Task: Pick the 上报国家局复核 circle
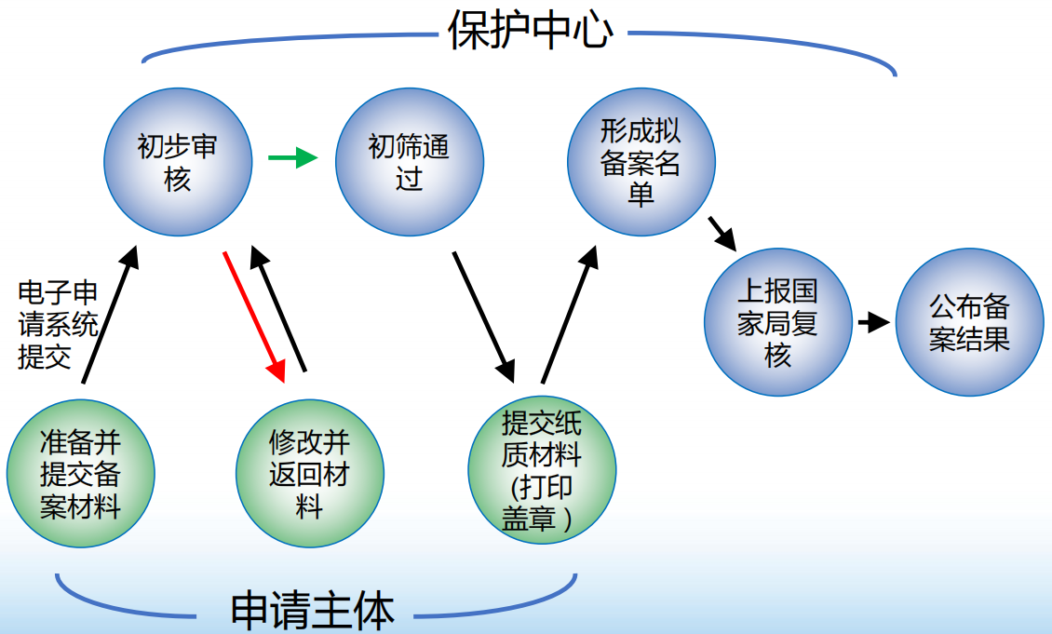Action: click(777, 322)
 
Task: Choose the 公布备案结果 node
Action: click(969, 322)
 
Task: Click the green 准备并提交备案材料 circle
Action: click(81, 474)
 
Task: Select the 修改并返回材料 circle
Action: click(309, 474)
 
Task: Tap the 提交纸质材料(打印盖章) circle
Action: click(541, 472)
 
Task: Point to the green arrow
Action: click(291, 158)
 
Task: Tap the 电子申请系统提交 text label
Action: click(58, 326)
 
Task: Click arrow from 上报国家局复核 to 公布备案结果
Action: click(873, 323)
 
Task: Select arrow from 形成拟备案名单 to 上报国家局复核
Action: click(722, 233)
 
